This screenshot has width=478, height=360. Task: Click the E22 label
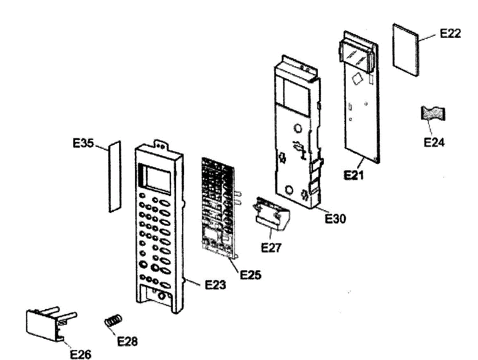point(450,33)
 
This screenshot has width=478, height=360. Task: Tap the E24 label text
point(434,142)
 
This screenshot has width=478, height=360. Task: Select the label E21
point(354,175)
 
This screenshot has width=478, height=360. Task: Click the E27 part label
point(271,247)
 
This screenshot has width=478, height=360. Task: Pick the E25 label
point(251,275)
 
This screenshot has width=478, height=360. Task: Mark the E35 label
point(83,144)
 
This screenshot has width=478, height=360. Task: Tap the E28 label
point(127,341)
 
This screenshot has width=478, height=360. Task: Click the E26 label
point(80,354)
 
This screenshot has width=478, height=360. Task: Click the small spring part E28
point(113,320)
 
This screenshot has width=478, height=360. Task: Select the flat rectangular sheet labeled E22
point(406,50)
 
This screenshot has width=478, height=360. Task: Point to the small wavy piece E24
point(433,114)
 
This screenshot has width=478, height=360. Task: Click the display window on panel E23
point(157,178)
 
